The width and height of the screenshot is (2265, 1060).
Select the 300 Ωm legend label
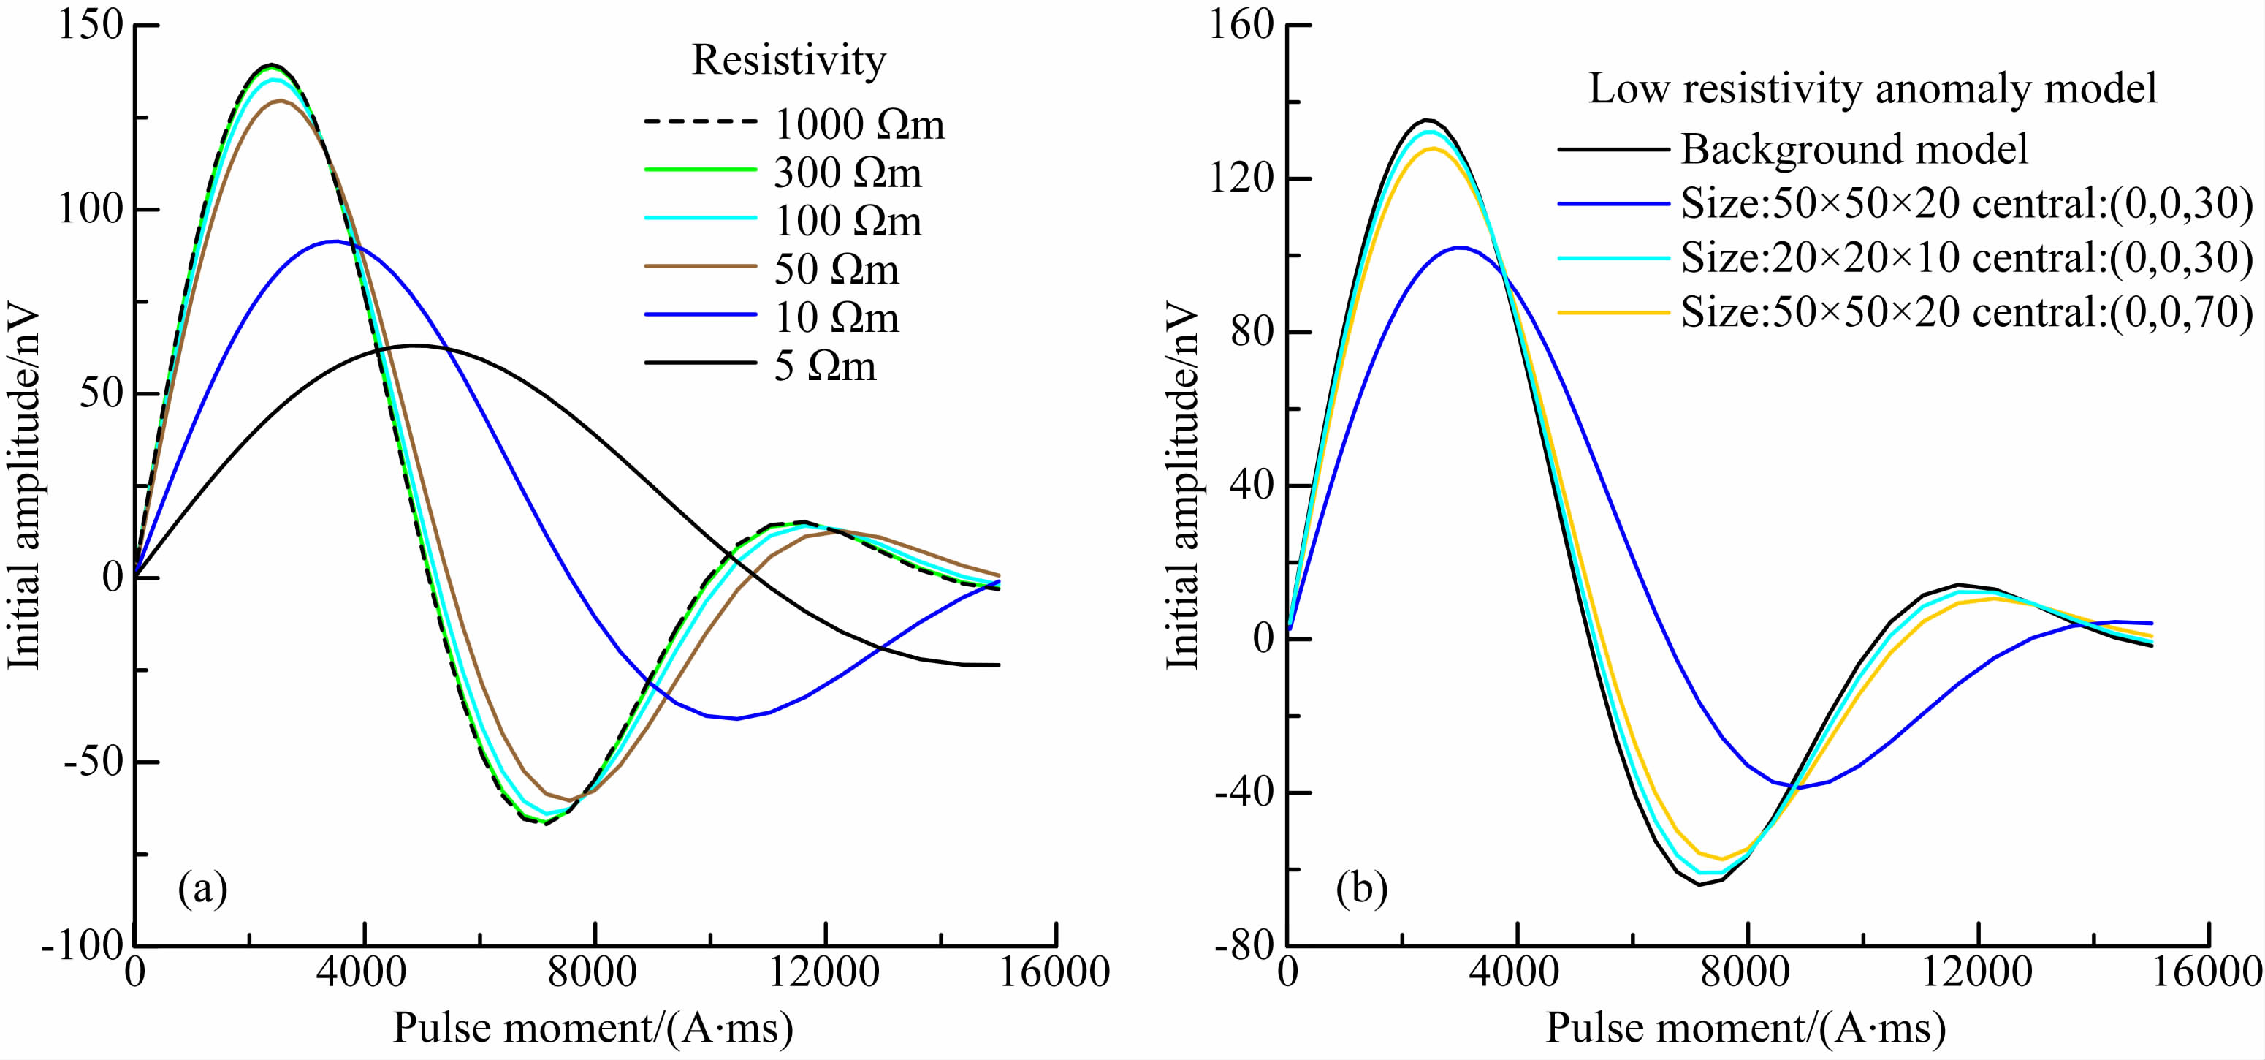[847, 173]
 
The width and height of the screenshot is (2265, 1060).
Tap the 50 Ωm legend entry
[835, 269]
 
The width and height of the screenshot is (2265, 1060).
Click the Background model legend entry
[1854, 150]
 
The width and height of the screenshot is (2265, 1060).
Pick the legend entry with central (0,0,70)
[1966, 312]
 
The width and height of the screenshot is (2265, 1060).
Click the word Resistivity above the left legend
[788, 60]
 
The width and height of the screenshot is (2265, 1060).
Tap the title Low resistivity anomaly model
[1873, 89]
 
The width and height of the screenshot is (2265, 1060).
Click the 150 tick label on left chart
[91, 26]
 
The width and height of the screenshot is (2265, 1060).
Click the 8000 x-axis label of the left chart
[595, 973]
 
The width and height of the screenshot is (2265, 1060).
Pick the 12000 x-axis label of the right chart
[1977, 973]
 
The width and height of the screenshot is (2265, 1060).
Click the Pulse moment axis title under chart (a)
[593, 1027]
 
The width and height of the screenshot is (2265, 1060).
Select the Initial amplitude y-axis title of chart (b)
[1181, 486]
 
